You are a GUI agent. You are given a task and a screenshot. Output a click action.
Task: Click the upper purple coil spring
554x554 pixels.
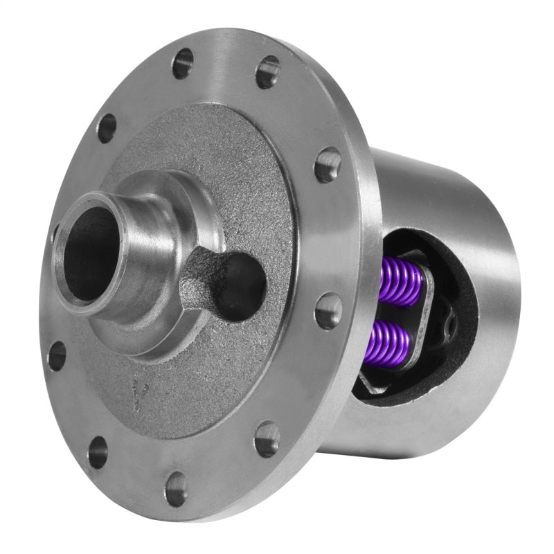pyautogui.click(x=401, y=280)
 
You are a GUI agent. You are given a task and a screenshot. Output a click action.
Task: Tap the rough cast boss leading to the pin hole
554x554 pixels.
pyautogui.click(x=204, y=274)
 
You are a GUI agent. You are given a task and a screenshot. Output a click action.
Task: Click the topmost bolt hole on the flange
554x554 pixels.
pyautogui.click(x=183, y=63)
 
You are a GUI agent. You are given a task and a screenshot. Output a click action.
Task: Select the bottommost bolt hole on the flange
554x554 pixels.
pyautogui.click(x=176, y=489)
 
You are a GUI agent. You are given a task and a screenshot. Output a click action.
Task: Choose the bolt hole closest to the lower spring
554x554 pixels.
pyautogui.click(x=328, y=311)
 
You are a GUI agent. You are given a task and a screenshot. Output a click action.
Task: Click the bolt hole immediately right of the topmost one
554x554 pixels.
pyautogui.click(x=267, y=72)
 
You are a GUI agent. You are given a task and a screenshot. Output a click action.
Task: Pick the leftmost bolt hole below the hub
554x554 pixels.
pyautogui.click(x=57, y=355)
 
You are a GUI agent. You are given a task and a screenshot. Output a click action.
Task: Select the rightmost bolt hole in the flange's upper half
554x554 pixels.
pyautogui.click(x=327, y=165)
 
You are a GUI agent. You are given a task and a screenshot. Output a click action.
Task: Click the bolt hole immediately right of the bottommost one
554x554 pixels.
pyautogui.click(x=267, y=439)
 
